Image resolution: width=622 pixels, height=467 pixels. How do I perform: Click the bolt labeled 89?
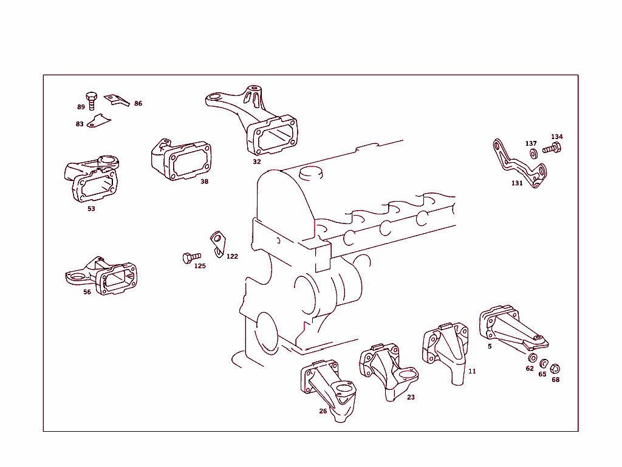coord(91,100)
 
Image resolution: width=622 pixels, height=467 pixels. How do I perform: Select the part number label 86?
coord(138,104)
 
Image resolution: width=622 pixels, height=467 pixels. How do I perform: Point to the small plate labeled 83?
coord(98,122)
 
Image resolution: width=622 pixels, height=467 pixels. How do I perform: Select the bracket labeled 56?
coord(106,278)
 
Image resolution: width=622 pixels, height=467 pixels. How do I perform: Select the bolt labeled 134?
coord(552,148)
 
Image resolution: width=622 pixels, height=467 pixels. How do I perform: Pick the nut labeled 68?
coord(555,368)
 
